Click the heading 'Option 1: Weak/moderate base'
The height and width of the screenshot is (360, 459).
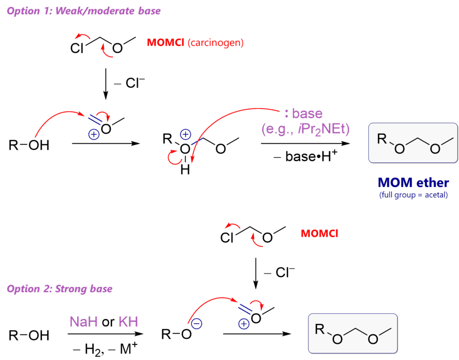click(x=84, y=11)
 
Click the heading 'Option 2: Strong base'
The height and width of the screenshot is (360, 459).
click(x=60, y=289)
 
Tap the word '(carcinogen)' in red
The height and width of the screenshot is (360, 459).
click(x=216, y=43)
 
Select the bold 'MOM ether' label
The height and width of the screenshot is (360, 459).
click(x=413, y=183)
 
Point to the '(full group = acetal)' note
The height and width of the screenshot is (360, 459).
click(x=413, y=195)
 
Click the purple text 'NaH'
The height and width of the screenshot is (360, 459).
click(x=83, y=321)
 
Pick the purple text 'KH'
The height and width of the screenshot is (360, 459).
click(x=128, y=321)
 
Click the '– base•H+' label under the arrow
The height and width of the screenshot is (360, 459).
click(x=306, y=156)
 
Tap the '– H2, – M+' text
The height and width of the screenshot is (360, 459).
click(x=105, y=349)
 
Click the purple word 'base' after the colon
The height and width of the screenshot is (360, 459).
click(x=307, y=113)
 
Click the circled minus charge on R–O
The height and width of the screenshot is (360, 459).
click(x=197, y=324)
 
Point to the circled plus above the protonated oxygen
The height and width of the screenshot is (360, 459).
click(x=186, y=134)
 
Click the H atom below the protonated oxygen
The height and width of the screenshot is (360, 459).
click(x=185, y=169)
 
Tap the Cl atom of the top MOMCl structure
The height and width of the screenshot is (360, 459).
click(x=77, y=48)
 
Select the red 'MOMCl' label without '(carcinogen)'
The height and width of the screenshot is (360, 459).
click(x=319, y=233)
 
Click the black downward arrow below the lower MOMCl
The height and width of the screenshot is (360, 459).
click(x=255, y=273)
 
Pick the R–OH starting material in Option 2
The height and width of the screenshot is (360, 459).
click(x=29, y=335)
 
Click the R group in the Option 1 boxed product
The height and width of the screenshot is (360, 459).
click(x=382, y=139)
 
